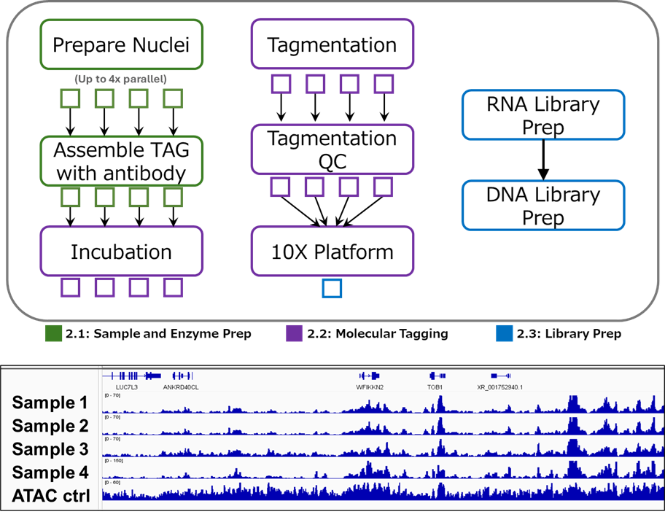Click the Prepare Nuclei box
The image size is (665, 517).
121,45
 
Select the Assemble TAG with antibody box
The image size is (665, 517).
121,162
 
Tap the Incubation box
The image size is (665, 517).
121,252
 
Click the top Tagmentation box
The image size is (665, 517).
332,45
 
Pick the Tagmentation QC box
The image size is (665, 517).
332,149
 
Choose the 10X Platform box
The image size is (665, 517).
332,252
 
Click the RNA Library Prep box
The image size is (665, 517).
543,114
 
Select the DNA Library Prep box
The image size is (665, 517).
543,206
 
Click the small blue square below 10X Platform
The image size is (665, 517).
332,289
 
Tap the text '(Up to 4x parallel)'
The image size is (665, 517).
120,78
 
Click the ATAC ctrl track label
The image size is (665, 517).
51,496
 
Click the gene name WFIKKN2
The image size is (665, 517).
370,387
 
